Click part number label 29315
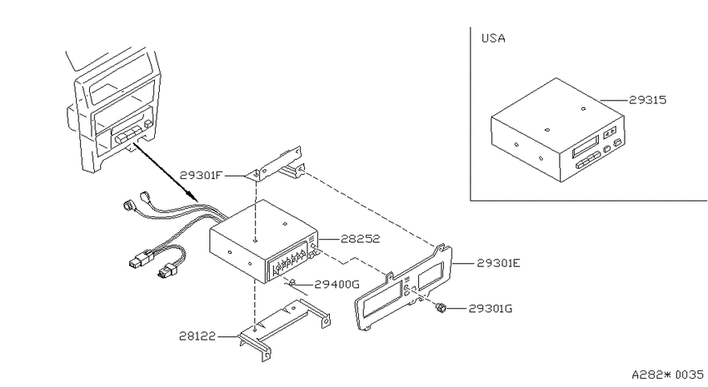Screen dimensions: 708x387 coord(647,100)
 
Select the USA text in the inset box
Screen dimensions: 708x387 coord(493,38)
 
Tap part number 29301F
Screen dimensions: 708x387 coord(202,175)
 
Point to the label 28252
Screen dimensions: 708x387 coord(360,239)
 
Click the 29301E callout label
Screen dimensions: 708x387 coord(498,263)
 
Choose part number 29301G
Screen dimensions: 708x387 coord(491,309)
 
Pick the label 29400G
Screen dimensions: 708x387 coord(337,284)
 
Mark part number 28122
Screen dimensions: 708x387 coord(197,336)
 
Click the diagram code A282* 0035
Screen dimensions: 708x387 coord(667,375)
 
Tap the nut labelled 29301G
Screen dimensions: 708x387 coord(441,309)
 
